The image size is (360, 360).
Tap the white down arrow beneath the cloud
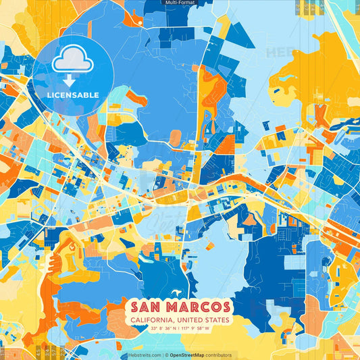pos(69,81)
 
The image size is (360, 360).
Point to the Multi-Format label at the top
pos(180,3)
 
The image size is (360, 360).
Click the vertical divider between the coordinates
pos(180,330)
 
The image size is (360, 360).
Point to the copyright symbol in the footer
pos(166,355)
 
